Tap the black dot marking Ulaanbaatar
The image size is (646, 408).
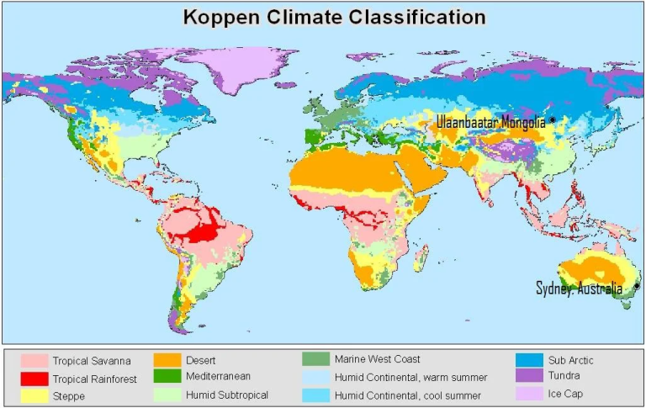point(553,119)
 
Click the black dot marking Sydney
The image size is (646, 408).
point(637,286)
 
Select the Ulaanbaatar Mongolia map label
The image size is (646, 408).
point(490,124)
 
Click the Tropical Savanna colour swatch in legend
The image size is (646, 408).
point(34,362)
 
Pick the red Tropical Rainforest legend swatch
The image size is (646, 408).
point(34,379)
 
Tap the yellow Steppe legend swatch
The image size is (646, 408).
point(34,395)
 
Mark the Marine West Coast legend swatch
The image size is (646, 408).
point(315,360)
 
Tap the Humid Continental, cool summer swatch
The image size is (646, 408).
point(315,395)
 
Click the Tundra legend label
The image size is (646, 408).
point(566,376)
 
